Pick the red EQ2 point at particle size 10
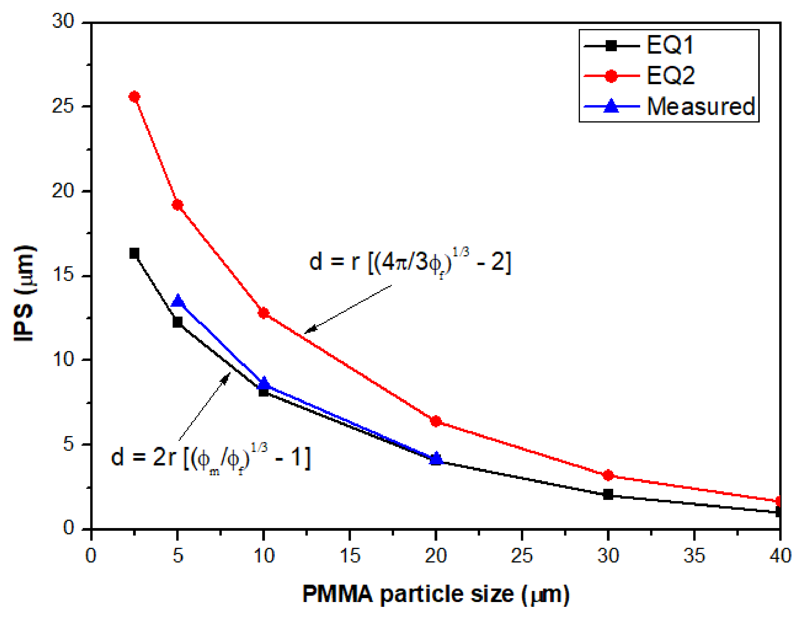coord(263,313)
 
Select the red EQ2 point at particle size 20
coord(436,421)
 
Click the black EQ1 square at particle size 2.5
coord(134,253)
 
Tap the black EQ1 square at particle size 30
coord(608,494)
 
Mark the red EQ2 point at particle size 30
coord(608,475)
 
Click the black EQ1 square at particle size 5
coord(178,322)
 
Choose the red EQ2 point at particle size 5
coord(178,205)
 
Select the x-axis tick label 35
coord(694,555)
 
